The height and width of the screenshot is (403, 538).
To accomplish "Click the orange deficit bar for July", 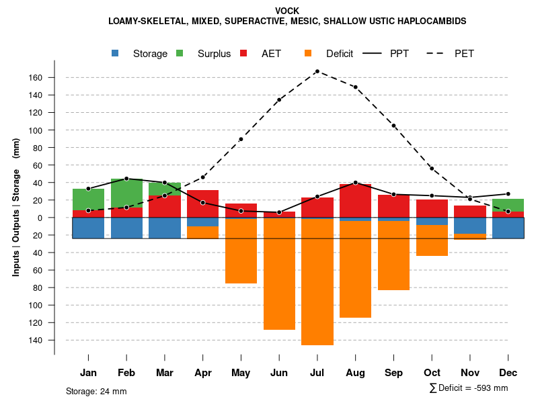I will [317, 282].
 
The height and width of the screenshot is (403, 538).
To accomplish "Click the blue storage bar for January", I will [88, 228].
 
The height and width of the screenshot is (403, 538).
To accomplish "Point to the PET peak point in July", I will [317, 71].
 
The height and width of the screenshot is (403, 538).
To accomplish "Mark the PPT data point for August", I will [355, 183].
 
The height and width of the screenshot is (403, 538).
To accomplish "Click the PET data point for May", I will [241, 139].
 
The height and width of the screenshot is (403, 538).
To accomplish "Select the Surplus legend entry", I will [214, 54].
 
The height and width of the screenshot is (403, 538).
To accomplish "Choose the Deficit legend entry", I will [339, 54].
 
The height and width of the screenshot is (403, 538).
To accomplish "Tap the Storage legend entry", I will [149, 54].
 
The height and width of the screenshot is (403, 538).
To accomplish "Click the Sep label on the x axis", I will [393, 373].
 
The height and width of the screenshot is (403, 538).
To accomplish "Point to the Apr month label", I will [202, 373].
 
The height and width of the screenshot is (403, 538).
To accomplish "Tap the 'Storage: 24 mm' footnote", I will [96, 391].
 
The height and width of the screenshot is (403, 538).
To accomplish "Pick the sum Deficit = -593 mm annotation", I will [469, 388].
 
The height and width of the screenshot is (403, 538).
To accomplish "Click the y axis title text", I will [15, 208].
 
